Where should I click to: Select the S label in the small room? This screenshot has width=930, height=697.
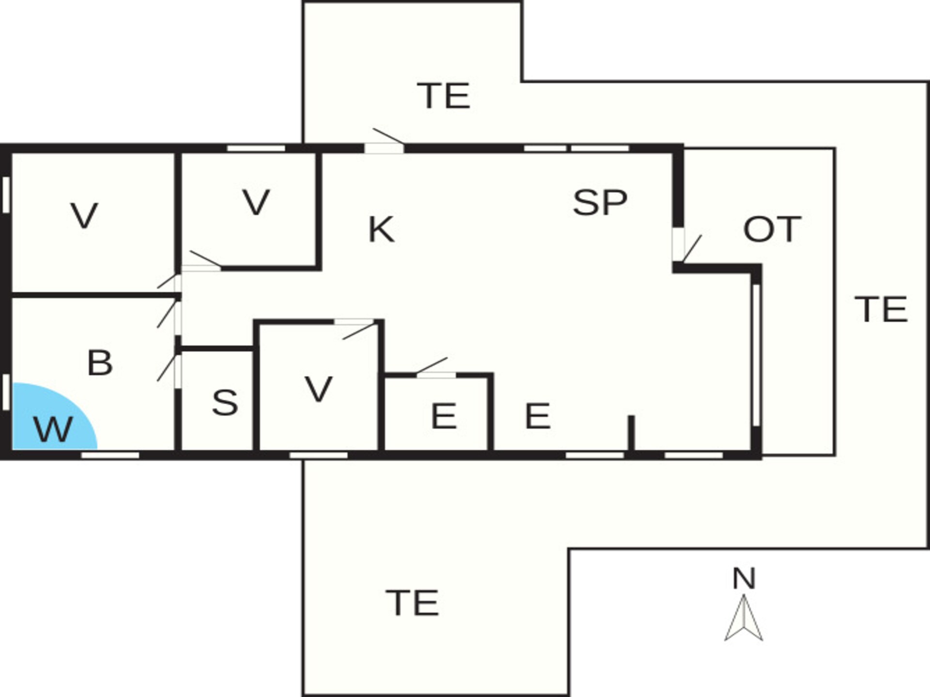click(x=225, y=402)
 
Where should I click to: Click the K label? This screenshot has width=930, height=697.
click(x=381, y=229)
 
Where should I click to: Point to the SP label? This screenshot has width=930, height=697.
click(x=600, y=202)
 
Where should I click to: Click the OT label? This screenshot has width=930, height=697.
click(x=772, y=229)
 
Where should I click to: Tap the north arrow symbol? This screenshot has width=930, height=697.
click(x=744, y=618)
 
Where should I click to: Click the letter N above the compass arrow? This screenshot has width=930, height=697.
click(x=744, y=578)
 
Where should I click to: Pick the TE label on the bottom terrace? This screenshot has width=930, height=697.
click(x=413, y=603)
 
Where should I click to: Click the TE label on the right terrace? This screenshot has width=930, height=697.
click(x=881, y=309)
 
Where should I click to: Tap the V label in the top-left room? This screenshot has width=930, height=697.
click(x=85, y=216)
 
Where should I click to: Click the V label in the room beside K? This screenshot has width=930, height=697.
click(x=256, y=203)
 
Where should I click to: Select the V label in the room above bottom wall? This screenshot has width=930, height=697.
click(x=319, y=389)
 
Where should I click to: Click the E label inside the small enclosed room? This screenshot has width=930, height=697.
click(x=444, y=416)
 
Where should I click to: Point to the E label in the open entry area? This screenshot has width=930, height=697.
click(x=538, y=416)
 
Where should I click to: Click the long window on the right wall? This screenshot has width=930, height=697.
click(x=756, y=355)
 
